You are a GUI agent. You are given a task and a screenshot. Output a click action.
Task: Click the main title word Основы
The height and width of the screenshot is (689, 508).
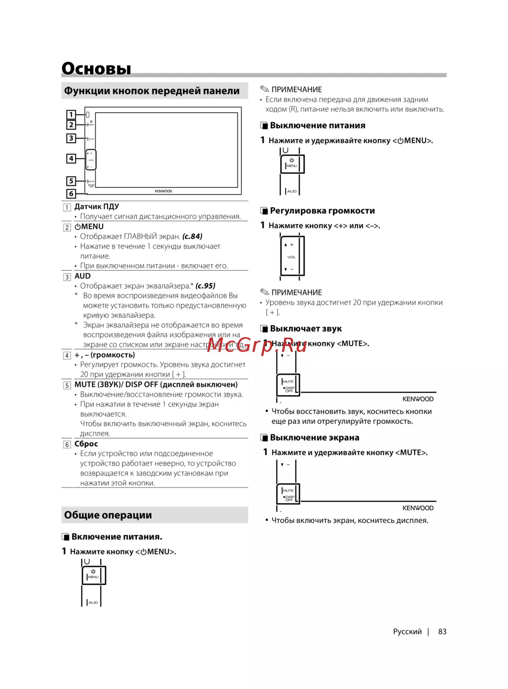(x=97, y=69)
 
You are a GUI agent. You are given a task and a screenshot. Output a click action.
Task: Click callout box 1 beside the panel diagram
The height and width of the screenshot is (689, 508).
(x=71, y=115)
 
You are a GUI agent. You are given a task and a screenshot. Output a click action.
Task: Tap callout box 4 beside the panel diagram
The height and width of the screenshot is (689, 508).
(x=71, y=158)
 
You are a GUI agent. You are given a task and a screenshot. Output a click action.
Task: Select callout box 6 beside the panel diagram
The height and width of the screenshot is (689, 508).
(x=71, y=193)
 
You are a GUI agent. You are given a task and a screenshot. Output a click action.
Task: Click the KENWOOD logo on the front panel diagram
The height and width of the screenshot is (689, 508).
(x=163, y=191)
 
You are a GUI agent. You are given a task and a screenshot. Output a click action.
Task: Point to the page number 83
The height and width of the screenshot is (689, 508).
(x=442, y=632)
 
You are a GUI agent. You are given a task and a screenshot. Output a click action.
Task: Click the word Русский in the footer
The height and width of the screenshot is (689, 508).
(x=407, y=632)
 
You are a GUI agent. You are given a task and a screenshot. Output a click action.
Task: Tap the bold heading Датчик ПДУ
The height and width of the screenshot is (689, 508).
(x=97, y=207)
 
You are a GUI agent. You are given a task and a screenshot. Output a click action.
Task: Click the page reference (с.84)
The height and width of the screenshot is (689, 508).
(x=193, y=237)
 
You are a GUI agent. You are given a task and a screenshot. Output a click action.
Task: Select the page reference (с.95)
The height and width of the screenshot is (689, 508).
(x=205, y=286)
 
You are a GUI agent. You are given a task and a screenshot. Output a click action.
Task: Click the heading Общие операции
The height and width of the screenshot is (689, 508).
(x=108, y=515)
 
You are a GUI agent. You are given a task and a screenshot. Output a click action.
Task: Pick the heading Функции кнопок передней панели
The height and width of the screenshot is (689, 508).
(x=151, y=91)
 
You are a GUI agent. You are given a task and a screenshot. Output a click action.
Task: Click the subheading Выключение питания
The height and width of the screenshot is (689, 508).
(x=317, y=125)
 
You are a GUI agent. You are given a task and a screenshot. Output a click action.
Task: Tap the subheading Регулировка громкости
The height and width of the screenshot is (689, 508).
(x=322, y=211)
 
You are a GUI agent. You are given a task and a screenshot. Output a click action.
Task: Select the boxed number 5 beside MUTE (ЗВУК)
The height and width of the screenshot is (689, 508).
(x=67, y=385)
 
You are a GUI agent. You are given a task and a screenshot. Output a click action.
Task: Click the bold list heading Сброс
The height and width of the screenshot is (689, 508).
(x=86, y=444)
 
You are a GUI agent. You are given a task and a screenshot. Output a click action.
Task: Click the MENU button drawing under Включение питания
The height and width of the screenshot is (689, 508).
(x=93, y=575)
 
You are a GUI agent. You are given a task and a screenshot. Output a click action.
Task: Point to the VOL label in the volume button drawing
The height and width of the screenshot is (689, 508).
(x=292, y=257)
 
